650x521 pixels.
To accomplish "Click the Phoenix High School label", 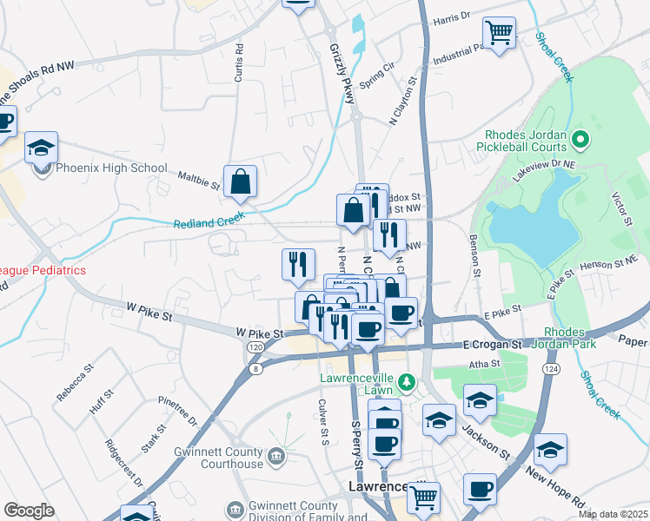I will coord(111,168).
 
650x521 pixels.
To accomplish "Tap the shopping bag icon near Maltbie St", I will coord(241,182).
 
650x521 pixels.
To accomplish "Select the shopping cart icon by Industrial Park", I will coord(499,34).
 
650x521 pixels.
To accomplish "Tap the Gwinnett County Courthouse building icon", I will coord(275,454).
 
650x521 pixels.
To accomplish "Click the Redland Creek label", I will coord(209,221).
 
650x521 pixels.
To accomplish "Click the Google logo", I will coord(29,511).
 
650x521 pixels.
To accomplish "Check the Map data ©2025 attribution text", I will coord(612,514).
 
